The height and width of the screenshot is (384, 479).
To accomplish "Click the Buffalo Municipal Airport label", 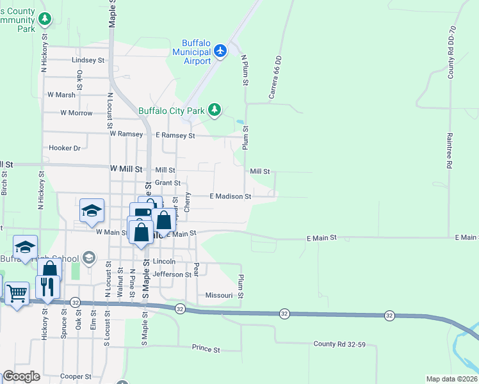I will click(x=192, y=51).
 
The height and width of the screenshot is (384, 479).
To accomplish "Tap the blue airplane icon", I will click(x=221, y=50).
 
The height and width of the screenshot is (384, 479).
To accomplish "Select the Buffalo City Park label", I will click(x=172, y=110).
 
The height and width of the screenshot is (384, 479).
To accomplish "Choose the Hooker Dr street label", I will click(x=65, y=148).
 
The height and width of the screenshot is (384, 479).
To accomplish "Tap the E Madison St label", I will click(x=231, y=196).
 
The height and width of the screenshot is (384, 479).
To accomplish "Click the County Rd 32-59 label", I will click(x=339, y=344).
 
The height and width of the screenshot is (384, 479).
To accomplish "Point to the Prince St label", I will click(x=206, y=349).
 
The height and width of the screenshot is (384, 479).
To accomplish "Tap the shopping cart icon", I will click(x=17, y=294).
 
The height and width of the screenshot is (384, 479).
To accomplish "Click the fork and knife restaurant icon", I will click(x=46, y=286).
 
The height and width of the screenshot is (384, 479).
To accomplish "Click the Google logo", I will click(x=21, y=376).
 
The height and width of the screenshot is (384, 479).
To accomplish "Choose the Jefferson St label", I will click(x=172, y=274).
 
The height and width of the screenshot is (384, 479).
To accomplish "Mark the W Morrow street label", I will click(x=76, y=113).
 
